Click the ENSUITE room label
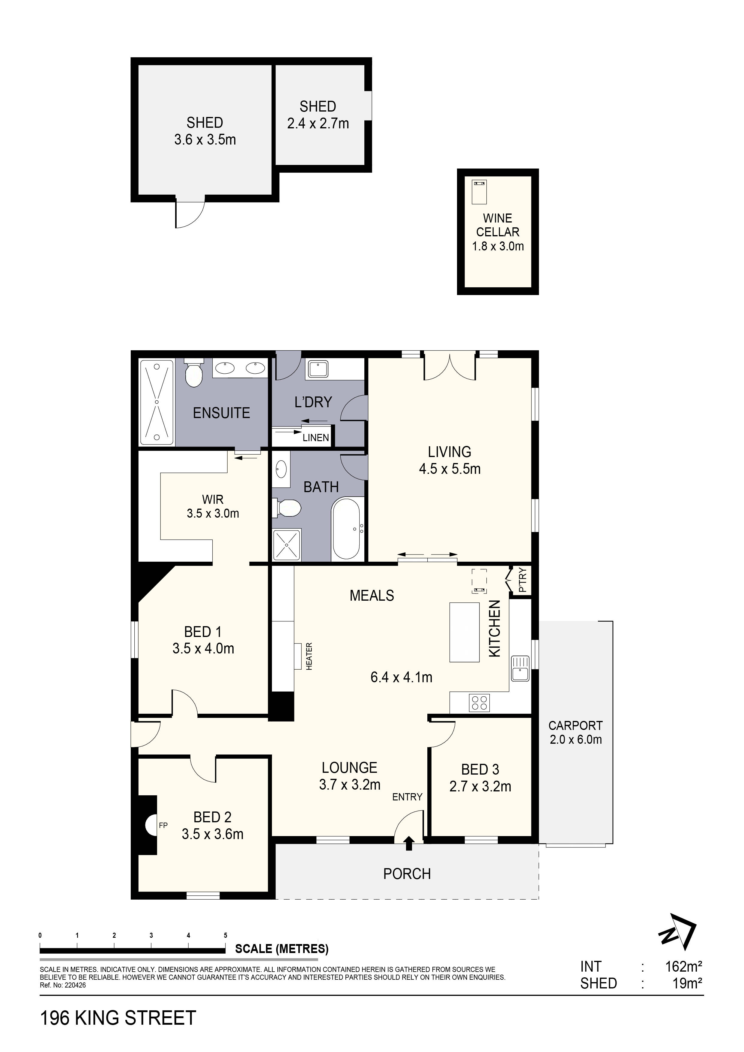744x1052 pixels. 221,413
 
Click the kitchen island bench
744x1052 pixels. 465,632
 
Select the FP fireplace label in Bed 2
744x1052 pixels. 163,826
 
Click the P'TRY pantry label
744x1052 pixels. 524,581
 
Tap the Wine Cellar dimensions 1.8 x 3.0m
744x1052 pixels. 498,247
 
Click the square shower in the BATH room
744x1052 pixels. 287,545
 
